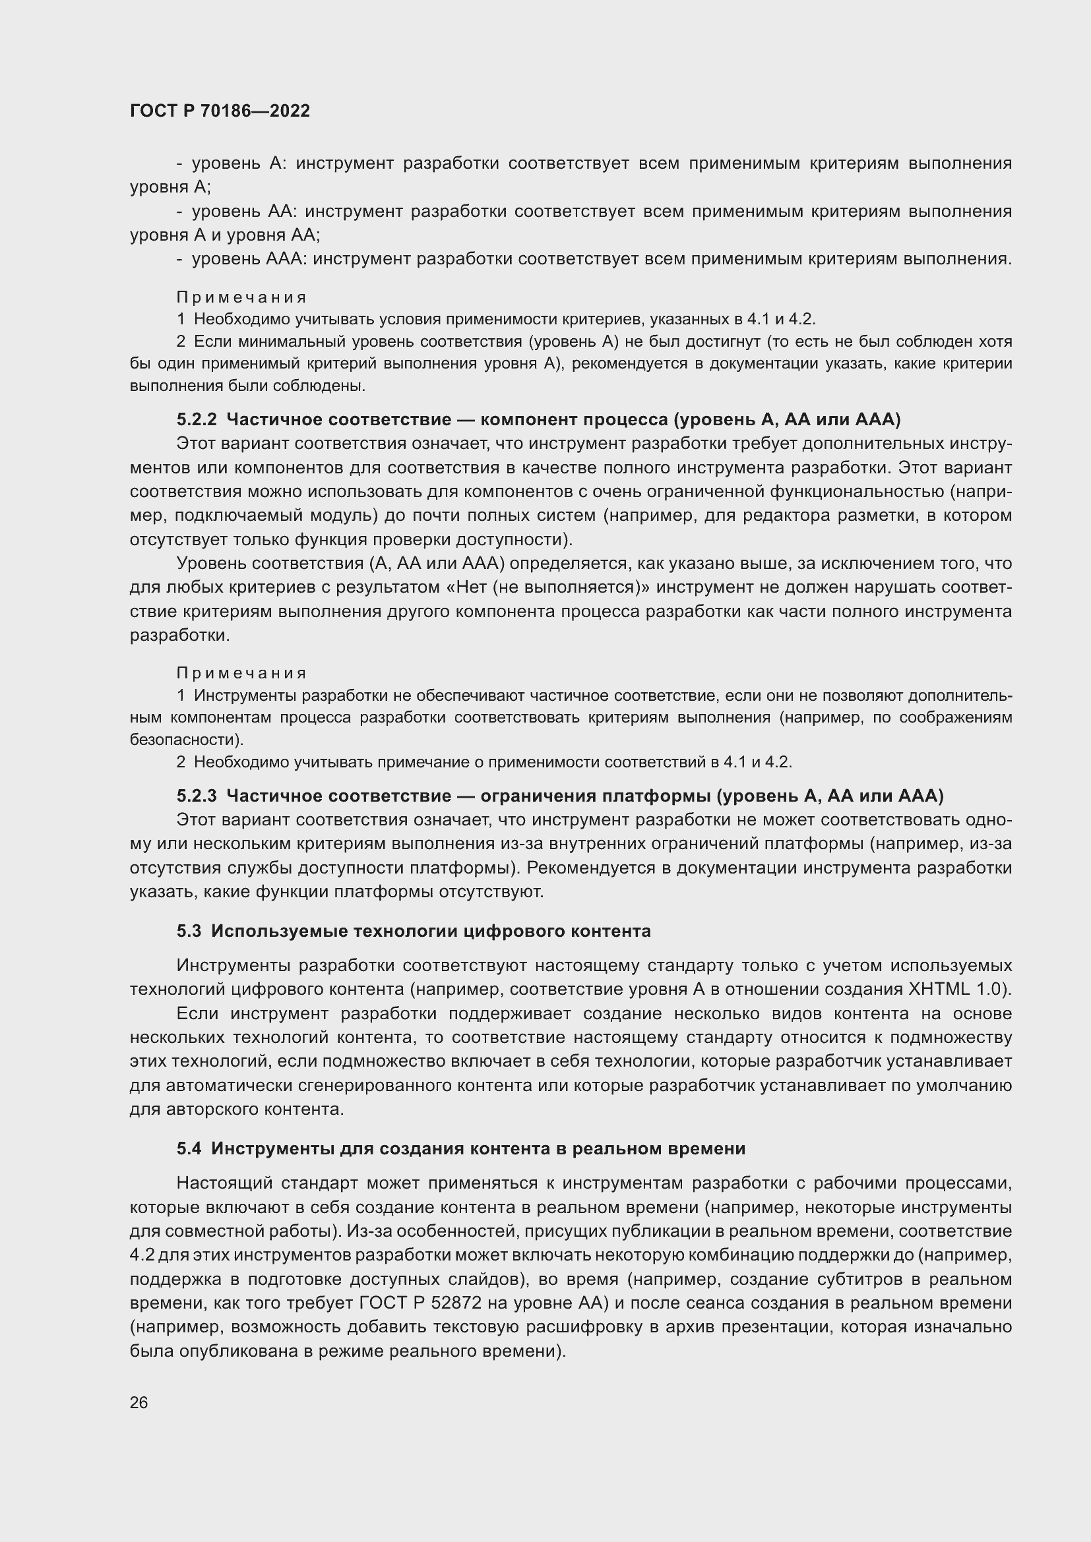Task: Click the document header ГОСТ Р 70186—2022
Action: pyautogui.click(x=220, y=111)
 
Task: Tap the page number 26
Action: pyautogui.click(x=139, y=1402)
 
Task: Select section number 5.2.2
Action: pyautogui.click(x=196, y=420)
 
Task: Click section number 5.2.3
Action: pyautogui.click(x=196, y=796)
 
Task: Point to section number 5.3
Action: pyautogui.click(x=189, y=931)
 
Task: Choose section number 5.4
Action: pyautogui.click(x=189, y=1148)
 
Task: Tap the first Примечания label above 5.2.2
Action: pyautogui.click(x=241, y=297)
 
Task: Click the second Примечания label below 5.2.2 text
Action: pyautogui.click(x=241, y=673)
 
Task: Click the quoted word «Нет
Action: pyautogui.click(x=467, y=587)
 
